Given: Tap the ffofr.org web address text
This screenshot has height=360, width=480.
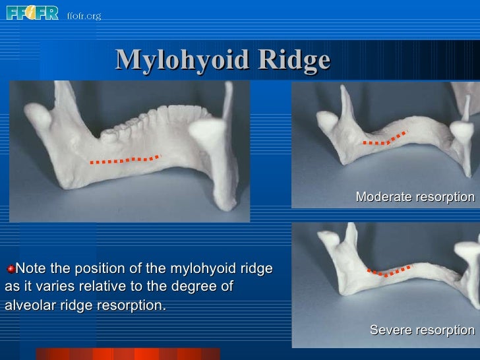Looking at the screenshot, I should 84,15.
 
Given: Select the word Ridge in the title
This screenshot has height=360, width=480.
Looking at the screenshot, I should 293,60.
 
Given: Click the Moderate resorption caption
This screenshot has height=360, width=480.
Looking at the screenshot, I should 415,197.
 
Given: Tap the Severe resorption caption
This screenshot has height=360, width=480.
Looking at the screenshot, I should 422,330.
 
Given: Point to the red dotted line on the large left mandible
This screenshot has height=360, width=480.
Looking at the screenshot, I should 125,160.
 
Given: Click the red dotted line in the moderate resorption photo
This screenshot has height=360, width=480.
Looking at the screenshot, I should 385,139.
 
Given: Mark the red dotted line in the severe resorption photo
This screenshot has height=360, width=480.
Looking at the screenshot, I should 386,271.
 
